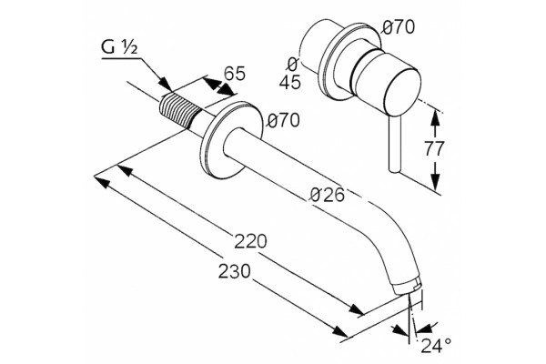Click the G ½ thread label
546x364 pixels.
119,47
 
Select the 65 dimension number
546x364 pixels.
235,73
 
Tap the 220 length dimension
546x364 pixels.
250,241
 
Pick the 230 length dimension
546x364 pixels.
235,270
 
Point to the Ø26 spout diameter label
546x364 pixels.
327,195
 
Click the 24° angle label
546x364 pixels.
436,345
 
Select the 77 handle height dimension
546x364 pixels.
434,148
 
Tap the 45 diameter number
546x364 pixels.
290,82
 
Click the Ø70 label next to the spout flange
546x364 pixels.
283,120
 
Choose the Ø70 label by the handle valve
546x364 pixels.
398,26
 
